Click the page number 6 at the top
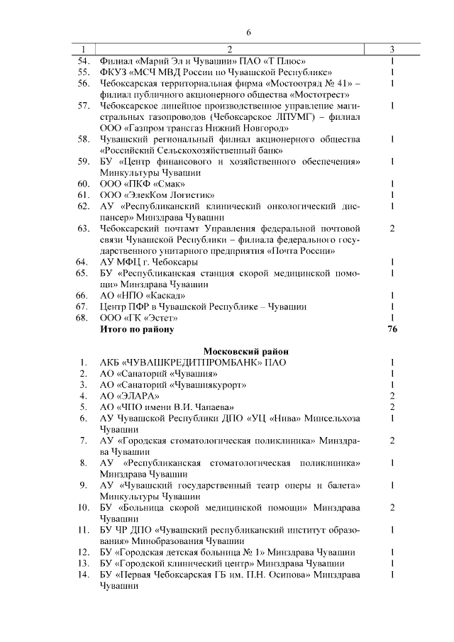(248, 33)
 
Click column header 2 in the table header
(229, 49)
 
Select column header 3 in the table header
(392, 49)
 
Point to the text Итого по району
(136, 329)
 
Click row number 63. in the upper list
(83, 228)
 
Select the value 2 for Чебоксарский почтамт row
(392, 228)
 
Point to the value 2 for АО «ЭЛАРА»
(392, 395)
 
